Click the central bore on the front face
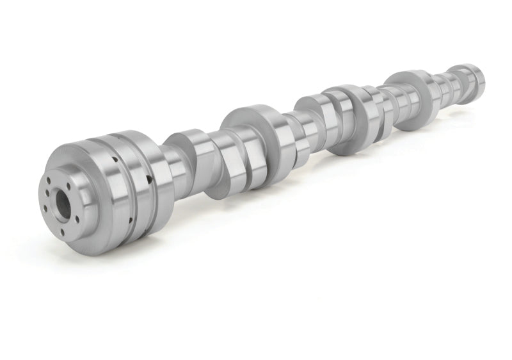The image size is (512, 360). [x=63, y=204]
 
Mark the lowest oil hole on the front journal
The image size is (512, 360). [x=131, y=220]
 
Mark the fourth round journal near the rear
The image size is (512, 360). [x=410, y=99]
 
